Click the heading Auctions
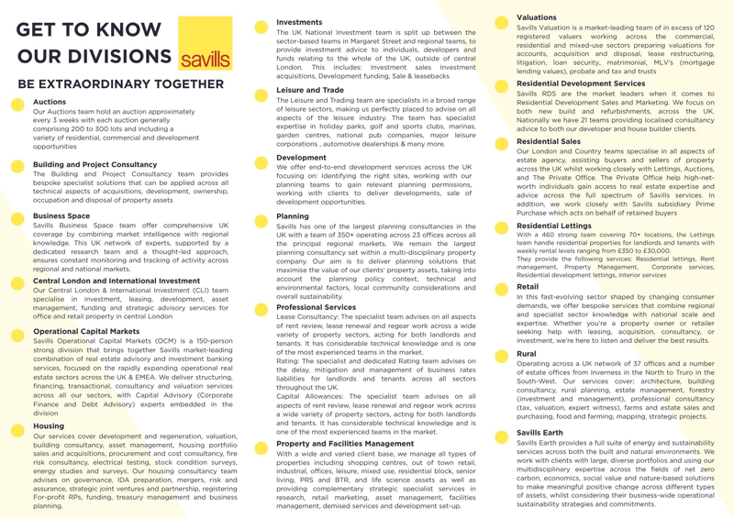click(50, 102)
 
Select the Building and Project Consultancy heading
click(95, 165)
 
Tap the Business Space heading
click(61, 216)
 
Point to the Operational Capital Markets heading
click(86, 331)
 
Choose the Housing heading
click(49, 426)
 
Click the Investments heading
click(299, 22)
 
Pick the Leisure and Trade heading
click(310, 90)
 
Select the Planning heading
click(294, 216)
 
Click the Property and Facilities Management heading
click(345, 444)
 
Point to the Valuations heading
click(537, 17)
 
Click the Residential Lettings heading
click(552, 225)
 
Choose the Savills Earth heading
click(539, 432)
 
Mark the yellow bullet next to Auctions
click(17, 105)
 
